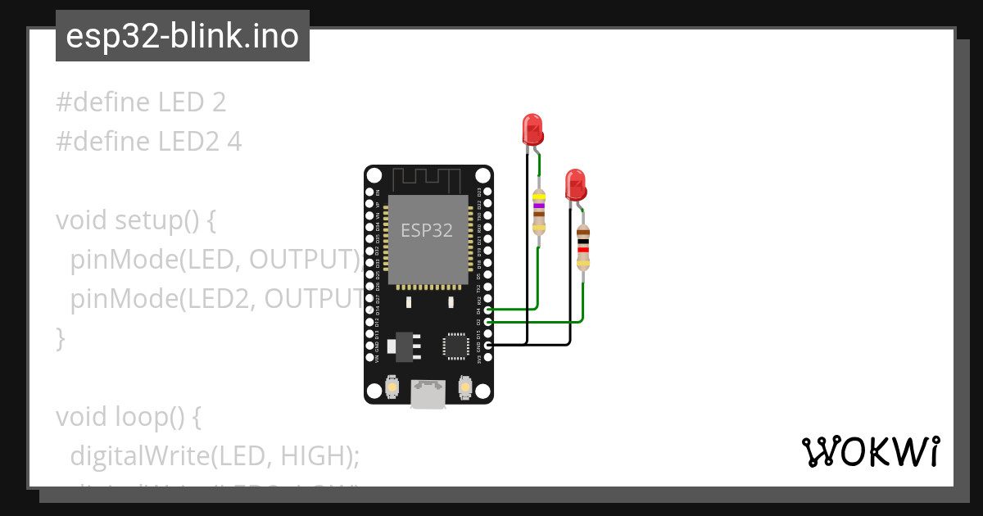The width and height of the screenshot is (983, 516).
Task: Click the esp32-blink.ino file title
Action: pyautogui.click(x=182, y=36)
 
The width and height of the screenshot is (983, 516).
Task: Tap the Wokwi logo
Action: pyautogui.click(x=870, y=452)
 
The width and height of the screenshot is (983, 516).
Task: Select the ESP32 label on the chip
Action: pyautogui.click(x=426, y=230)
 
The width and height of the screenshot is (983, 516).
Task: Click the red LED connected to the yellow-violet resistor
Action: pyautogui.click(x=532, y=130)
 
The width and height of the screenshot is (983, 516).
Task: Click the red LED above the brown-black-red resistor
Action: pyautogui.click(x=576, y=184)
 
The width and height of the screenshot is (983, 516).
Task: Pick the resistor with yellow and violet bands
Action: pyautogui.click(x=538, y=212)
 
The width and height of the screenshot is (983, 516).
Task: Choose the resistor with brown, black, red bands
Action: pyautogui.click(x=582, y=247)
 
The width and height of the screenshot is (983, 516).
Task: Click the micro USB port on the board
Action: pyautogui.click(x=428, y=394)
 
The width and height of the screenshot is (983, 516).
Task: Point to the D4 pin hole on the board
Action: pyautogui.click(x=488, y=310)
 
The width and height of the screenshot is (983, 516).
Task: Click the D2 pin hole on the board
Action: pyautogui.click(x=488, y=322)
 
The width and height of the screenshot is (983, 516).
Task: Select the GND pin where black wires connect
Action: pyautogui.click(x=488, y=346)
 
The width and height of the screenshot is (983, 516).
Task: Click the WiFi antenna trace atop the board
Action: pyautogui.click(x=428, y=179)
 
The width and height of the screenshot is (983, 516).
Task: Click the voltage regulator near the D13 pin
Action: pyautogui.click(x=404, y=345)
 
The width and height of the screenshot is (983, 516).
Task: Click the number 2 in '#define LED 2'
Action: pyautogui.click(x=218, y=102)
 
